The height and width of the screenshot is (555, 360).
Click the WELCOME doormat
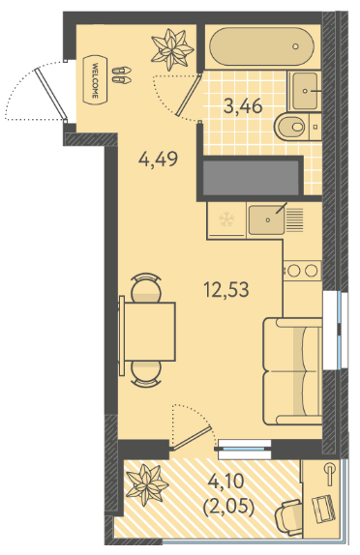95,80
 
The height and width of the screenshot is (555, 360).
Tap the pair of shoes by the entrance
122,75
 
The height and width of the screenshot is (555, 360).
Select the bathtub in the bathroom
261,46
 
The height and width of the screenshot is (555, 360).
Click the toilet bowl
290,126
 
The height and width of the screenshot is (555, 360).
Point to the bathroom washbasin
305,91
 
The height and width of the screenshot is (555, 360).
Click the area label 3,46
243,105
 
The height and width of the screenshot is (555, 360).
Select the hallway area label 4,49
158,159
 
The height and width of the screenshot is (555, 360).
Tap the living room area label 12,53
226,289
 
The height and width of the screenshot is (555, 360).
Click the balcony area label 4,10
225,482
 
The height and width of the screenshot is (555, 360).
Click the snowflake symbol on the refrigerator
226,219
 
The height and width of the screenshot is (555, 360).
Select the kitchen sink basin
266,219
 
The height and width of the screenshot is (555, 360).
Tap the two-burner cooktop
302,271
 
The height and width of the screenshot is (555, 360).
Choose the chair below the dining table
146,374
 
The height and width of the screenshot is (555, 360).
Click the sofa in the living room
292,371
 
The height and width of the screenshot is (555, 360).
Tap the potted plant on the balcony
146,484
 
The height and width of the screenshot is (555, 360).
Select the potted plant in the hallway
172,49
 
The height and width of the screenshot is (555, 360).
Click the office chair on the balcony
289,517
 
